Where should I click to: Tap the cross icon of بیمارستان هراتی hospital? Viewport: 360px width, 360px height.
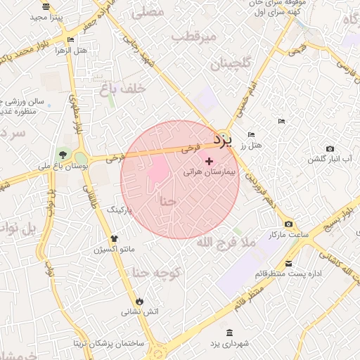pyautogui.click(x=209, y=162)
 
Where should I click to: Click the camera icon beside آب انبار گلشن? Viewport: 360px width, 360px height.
pyautogui.click(x=330, y=148)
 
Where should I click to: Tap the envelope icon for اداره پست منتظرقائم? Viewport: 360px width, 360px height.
pyautogui.click(x=289, y=264)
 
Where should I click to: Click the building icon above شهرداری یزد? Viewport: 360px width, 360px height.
pyautogui.click(x=230, y=332)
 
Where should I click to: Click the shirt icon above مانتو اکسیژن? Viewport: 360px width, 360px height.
pyautogui.click(x=115, y=239)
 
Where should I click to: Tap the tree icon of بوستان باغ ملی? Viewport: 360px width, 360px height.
pyautogui.click(x=64, y=153)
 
